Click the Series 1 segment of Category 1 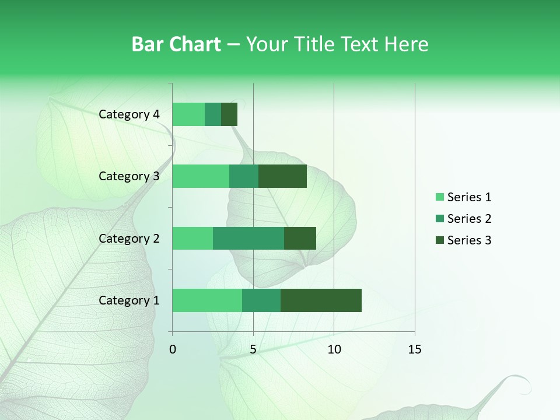207,300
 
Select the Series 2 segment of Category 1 261,300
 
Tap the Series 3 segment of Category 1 321,300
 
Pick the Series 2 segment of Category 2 249,238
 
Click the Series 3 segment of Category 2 300,238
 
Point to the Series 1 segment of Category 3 201,176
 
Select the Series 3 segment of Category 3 282,176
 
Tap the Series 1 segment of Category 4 188,114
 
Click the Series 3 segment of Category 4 229,114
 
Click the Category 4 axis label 129,114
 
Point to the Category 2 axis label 129,238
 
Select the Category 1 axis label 129,300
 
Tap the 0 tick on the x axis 173,349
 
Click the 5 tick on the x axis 253,349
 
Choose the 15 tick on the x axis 415,349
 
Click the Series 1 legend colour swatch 439,197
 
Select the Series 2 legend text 469,219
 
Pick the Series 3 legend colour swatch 439,240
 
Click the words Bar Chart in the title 176,44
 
